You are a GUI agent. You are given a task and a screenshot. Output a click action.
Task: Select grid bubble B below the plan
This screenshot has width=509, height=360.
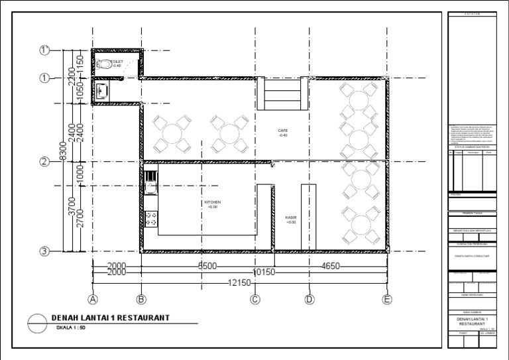pos(141,298)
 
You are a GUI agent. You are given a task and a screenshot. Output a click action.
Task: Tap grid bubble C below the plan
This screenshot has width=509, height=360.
pos(254,298)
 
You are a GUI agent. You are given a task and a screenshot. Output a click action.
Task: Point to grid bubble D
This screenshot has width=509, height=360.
pos(309,298)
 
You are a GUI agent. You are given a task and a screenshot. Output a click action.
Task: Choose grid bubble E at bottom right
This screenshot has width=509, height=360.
pos(386,298)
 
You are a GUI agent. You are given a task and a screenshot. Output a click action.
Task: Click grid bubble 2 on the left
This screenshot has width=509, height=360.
pos(45,161)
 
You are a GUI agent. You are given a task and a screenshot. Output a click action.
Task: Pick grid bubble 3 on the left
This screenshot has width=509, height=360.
pos(45,251)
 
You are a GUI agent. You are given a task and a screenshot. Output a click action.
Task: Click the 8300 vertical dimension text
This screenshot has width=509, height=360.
pos(62,152)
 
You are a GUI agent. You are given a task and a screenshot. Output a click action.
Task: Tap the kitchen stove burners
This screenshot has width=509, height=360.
pos(150,219)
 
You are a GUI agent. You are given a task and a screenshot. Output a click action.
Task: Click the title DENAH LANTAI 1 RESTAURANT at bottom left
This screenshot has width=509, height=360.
pos(110,318)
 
